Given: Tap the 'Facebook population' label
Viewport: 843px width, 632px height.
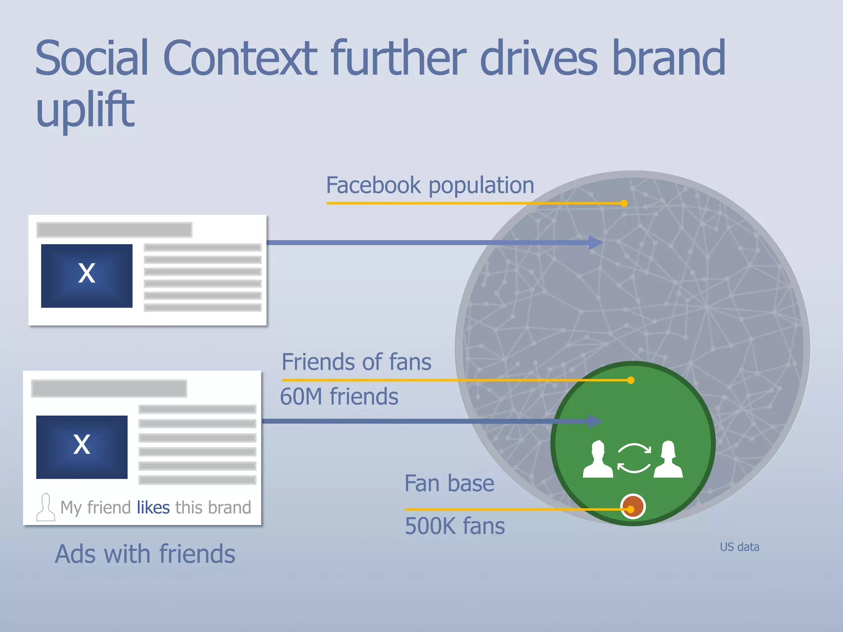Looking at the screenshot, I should click(430, 185).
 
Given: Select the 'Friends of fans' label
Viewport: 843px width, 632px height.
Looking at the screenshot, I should click(356, 362).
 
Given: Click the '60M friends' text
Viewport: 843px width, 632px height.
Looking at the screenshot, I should click(339, 397).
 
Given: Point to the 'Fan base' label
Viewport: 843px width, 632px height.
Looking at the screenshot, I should click(449, 483).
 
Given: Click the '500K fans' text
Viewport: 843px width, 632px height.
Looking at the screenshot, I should click(455, 526).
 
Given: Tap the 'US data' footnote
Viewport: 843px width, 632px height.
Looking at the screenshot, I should click(739, 547).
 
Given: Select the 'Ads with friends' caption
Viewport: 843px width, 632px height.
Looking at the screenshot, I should click(145, 554).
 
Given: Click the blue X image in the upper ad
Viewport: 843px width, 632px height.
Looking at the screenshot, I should click(87, 276).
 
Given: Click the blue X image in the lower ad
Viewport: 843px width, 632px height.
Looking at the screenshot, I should click(82, 447).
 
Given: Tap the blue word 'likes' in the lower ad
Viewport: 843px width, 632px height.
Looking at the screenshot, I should click(153, 507).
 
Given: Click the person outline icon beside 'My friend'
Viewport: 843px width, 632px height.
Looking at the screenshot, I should click(45, 507).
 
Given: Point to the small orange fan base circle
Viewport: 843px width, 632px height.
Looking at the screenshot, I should click(633, 506).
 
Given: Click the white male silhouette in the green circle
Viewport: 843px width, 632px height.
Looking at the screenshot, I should click(598, 460).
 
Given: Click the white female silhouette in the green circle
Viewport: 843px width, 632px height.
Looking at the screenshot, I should click(668, 460).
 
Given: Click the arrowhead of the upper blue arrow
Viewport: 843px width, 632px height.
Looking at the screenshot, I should click(595, 242).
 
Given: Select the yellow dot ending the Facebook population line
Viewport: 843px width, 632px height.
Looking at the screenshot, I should click(624, 203).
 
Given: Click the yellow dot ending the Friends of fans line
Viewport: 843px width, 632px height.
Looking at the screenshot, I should click(631, 380).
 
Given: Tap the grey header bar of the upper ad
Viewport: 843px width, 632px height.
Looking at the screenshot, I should click(114, 230).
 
